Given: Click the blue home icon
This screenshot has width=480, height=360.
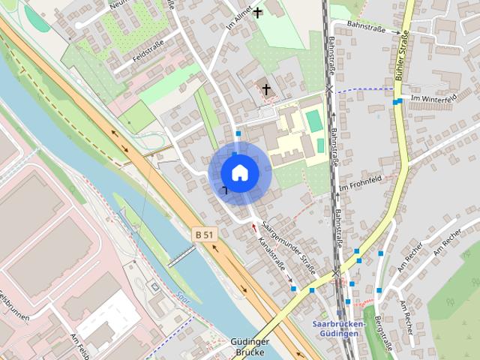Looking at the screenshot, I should click(x=239, y=172).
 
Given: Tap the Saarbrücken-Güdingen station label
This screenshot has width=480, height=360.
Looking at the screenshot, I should click(x=337, y=328).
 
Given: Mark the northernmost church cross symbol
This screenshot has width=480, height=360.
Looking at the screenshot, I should click(x=258, y=12).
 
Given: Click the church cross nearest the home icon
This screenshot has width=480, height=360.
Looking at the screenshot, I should click(x=265, y=89).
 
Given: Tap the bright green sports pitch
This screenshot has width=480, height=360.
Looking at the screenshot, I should click(x=313, y=120).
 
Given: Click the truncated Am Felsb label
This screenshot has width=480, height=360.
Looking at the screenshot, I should click(x=79, y=347).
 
